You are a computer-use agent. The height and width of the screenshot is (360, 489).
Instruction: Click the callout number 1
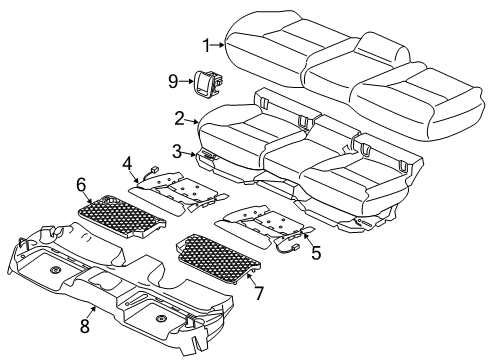(x=206, y=45)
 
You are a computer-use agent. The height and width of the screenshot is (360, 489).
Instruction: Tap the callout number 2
(x=179, y=117)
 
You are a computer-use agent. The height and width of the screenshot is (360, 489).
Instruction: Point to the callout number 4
(x=128, y=162)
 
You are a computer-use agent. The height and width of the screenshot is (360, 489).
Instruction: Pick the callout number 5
(x=315, y=255)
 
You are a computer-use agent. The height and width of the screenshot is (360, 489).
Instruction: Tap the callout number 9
(x=172, y=80)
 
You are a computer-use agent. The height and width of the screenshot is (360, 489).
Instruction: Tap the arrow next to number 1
(x=219, y=45)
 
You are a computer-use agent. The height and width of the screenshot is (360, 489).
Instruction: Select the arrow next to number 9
(x=186, y=80)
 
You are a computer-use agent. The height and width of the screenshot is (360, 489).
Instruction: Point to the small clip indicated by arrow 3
(x=209, y=156)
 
